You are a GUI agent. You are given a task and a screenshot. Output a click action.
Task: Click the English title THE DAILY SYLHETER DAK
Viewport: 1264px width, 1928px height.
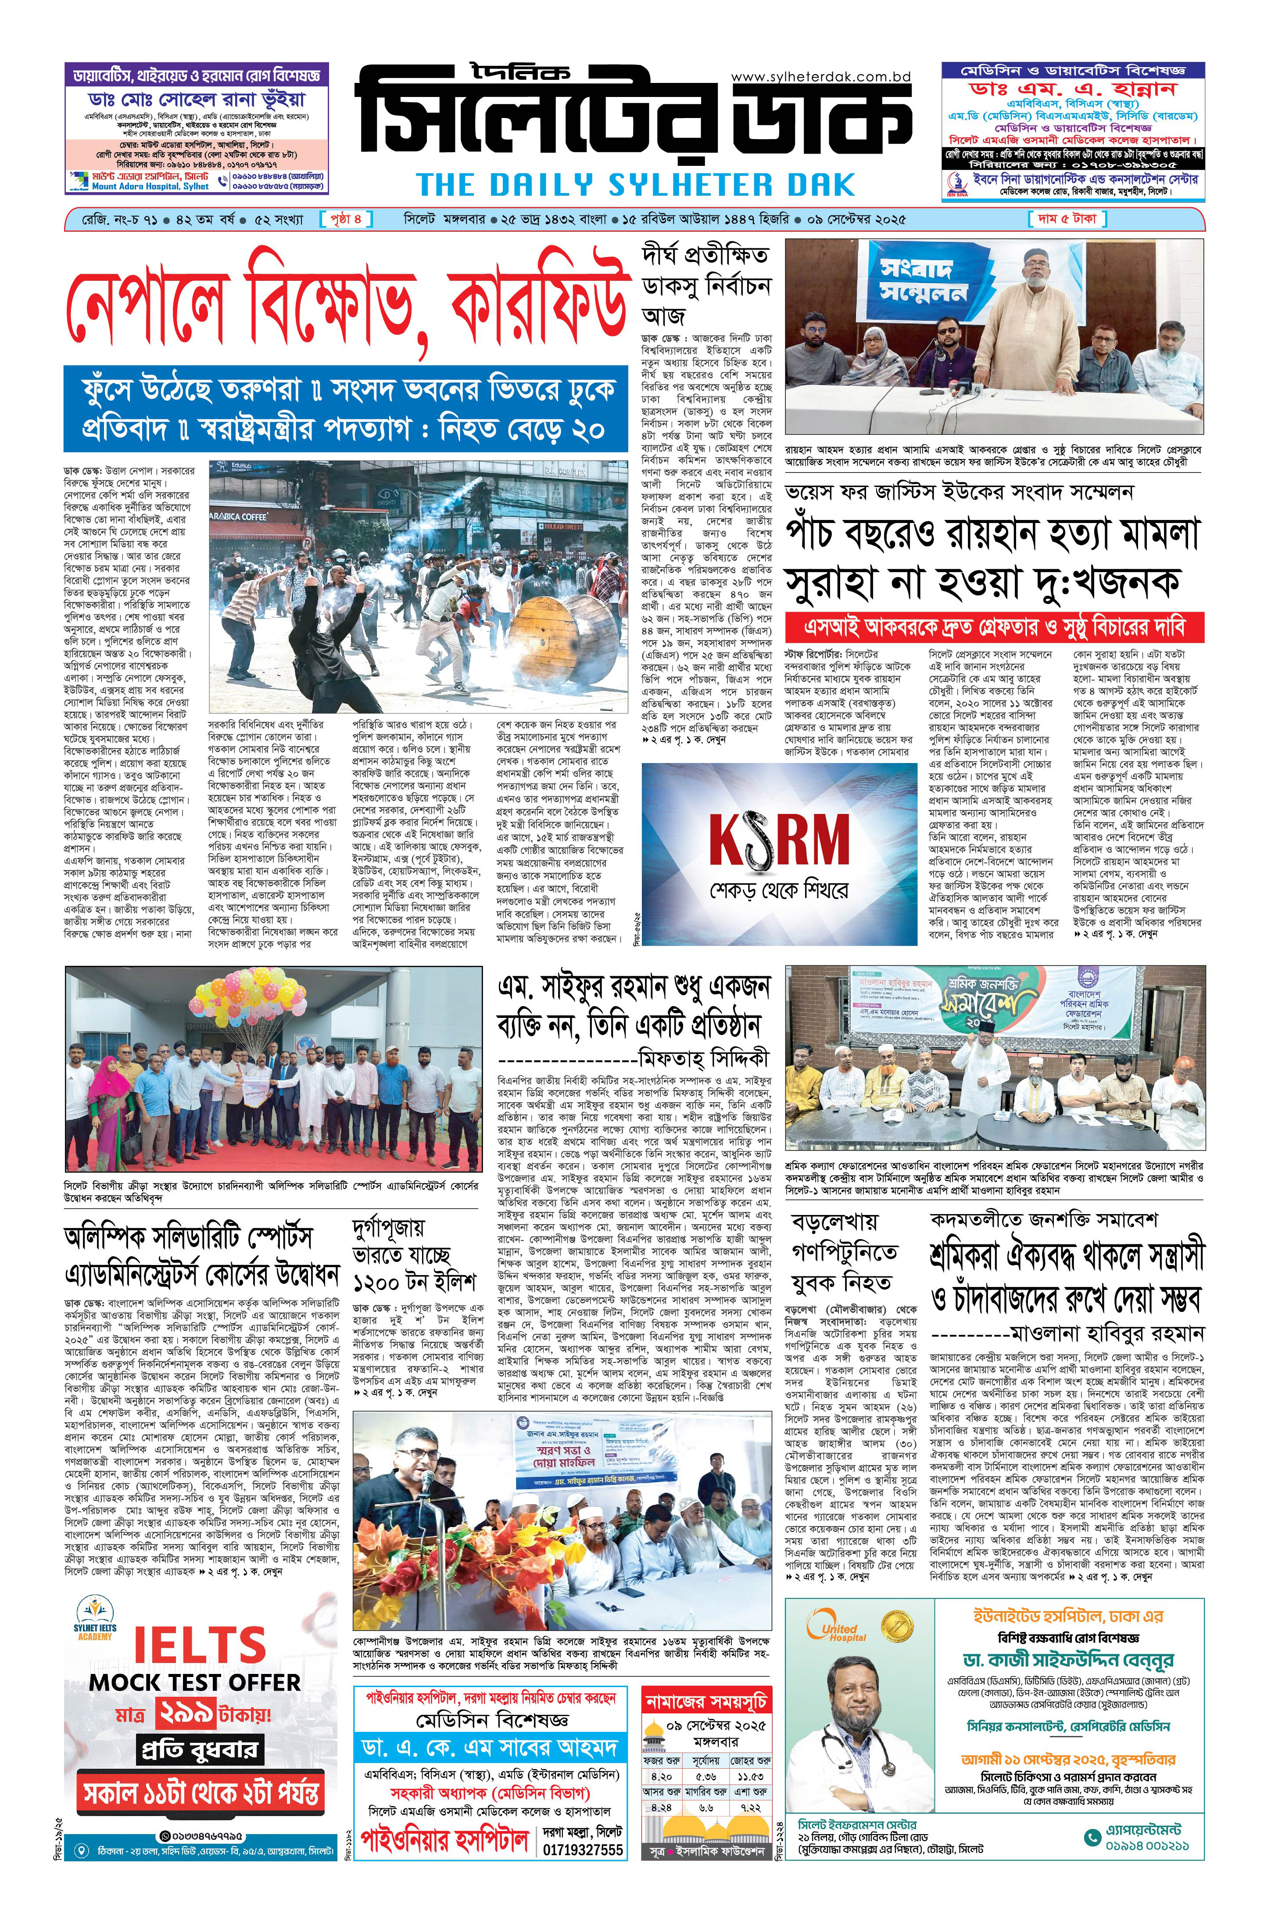[x=636, y=185]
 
